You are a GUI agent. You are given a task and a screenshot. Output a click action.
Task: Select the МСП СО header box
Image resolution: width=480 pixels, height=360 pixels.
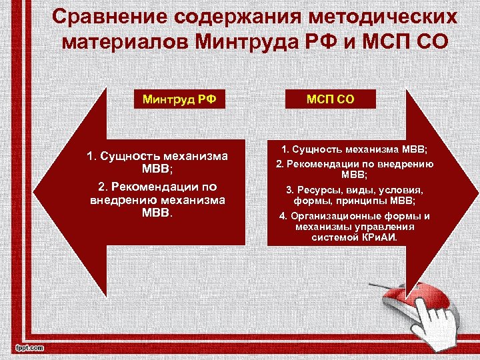pyautogui.click(x=330, y=100)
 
